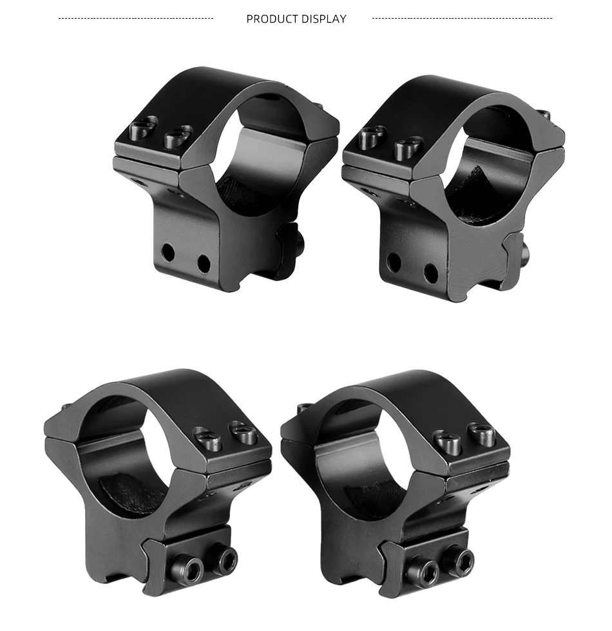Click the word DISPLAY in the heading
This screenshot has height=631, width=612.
[x=323, y=19]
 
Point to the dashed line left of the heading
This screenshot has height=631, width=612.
[x=136, y=18]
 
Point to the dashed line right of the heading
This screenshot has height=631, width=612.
[x=462, y=18]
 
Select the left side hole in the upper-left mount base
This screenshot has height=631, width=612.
[x=168, y=253]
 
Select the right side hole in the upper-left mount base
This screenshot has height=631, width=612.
[x=204, y=263]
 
